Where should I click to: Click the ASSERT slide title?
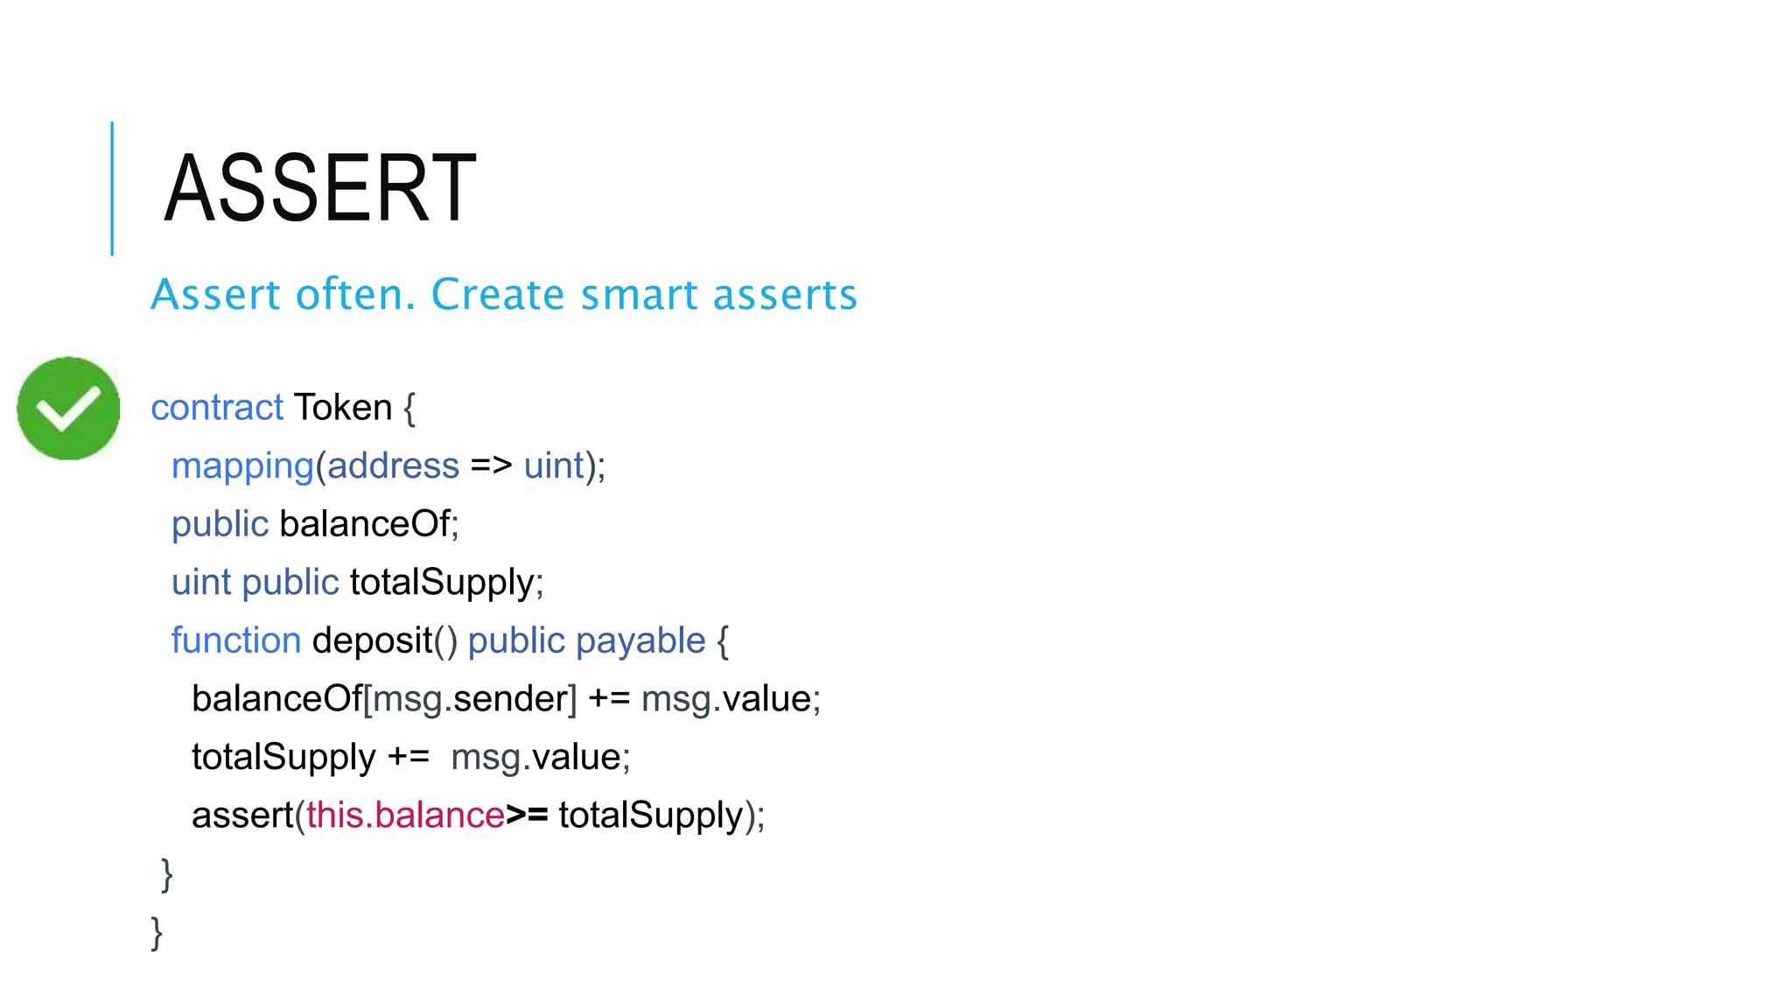click(x=320, y=188)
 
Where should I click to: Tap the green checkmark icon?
click(x=68, y=408)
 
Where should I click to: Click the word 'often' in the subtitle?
click(x=355, y=295)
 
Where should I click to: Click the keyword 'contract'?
click(x=217, y=408)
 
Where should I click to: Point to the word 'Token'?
click(x=343, y=408)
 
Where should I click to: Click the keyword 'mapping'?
click(x=242, y=466)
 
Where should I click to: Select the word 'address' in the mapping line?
click(x=393, y=466)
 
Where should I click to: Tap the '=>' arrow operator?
click(x=491, y=466)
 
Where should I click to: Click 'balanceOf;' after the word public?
click(x=368, y=524)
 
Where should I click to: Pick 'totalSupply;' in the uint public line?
click(x=446, y=583)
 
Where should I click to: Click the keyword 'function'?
click(x=236, y=640)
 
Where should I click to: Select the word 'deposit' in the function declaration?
click(x=372, y=640)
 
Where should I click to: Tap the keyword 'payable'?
click(x=640, y=640)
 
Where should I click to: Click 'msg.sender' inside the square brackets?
click(x=471, y=699)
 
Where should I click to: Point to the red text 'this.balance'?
click(x=405, y=815)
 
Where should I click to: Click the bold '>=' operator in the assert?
click(x=527, y=815)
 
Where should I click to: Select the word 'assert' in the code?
click(x=241, y=815)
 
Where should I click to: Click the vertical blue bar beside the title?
click(x=112, y=188)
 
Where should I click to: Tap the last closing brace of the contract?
click(x=157, y=933)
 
